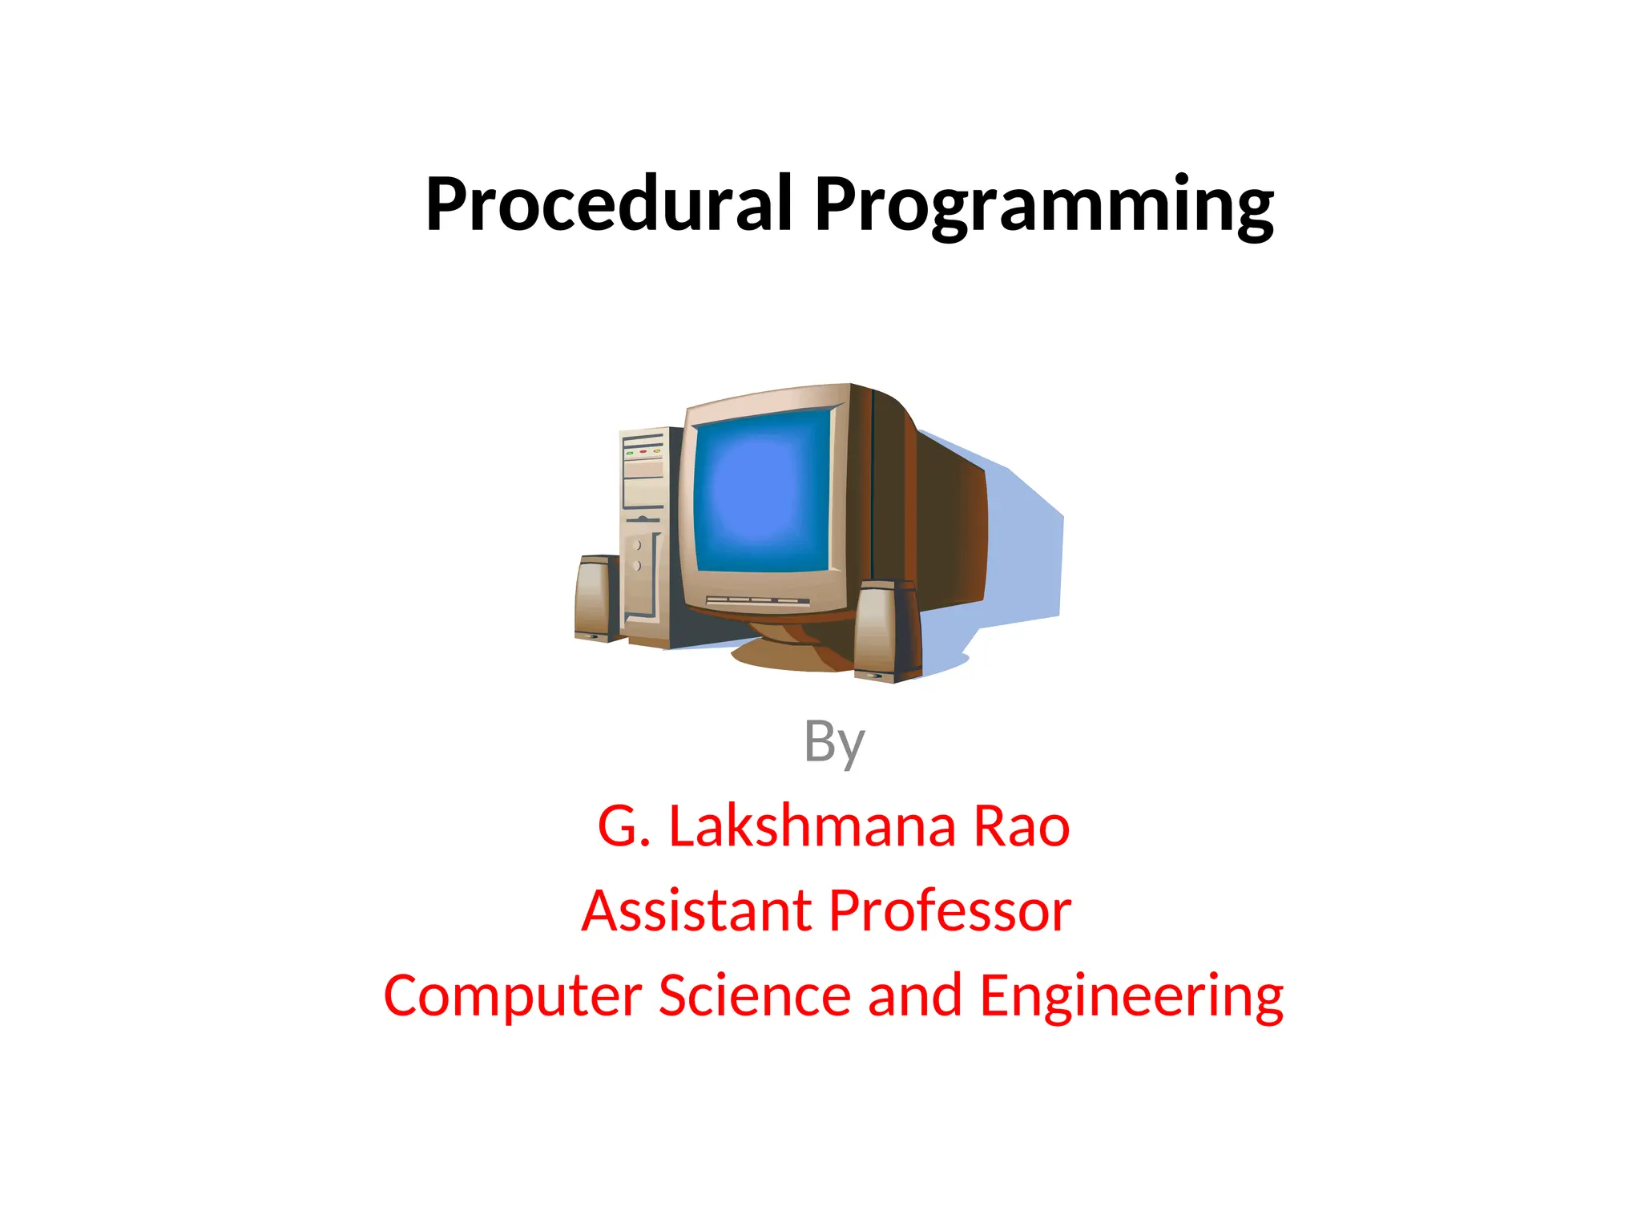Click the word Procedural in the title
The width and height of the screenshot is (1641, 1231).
[609, 204]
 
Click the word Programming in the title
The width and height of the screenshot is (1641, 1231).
[1043, 207]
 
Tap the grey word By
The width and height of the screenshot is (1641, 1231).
[834, 741]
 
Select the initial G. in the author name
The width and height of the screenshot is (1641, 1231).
[623, 826]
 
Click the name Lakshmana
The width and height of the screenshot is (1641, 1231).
[812, 826]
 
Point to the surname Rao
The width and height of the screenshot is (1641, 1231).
[1021, 826]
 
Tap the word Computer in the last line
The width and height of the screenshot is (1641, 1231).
[513, 996]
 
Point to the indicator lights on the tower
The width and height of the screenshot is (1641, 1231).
[643, 453]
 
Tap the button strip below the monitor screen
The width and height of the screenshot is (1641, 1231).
[756, 600]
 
